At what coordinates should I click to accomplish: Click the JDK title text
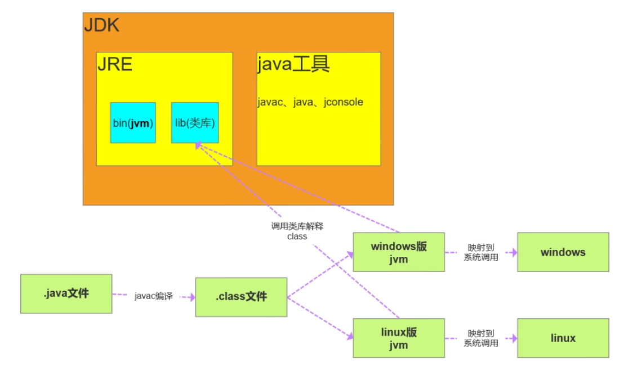102,25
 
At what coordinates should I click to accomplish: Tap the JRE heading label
115,64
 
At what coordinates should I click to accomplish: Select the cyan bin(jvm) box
133,123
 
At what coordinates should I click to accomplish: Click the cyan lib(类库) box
195,123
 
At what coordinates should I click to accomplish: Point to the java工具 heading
293,64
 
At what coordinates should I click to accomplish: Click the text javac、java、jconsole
310,103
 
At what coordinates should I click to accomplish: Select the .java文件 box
66,294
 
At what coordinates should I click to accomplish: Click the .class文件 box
241,297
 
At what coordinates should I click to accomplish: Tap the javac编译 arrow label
154,296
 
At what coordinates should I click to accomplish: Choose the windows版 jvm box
399,252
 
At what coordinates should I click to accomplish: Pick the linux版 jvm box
399,338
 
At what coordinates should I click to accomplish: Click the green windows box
563,252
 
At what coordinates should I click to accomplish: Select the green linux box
563,338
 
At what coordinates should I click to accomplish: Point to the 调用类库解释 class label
297,231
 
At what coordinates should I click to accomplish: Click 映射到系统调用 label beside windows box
481,252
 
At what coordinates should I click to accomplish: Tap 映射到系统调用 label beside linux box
481,338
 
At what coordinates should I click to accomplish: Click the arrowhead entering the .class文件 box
190,296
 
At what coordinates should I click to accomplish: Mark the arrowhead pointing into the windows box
513,252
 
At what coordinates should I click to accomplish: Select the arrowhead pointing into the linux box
513,338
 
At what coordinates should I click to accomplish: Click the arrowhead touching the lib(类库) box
198,145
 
